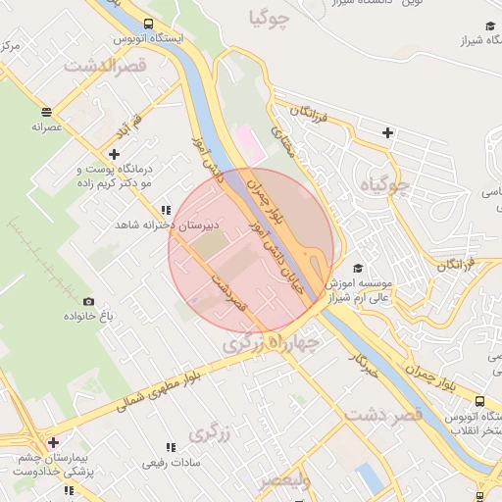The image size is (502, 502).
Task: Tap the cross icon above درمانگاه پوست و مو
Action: point(115,154)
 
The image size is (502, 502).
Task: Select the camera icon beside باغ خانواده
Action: point(88,301)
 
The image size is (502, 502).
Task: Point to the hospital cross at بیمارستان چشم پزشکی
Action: point(53,442)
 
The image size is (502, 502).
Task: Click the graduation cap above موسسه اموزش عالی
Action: point(358,268)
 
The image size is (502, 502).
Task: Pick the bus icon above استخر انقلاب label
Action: point(479,401)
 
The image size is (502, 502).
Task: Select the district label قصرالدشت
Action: point(104,67)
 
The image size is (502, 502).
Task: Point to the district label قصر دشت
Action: point(383,415)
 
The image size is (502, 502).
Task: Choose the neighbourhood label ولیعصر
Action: point(284,479)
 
